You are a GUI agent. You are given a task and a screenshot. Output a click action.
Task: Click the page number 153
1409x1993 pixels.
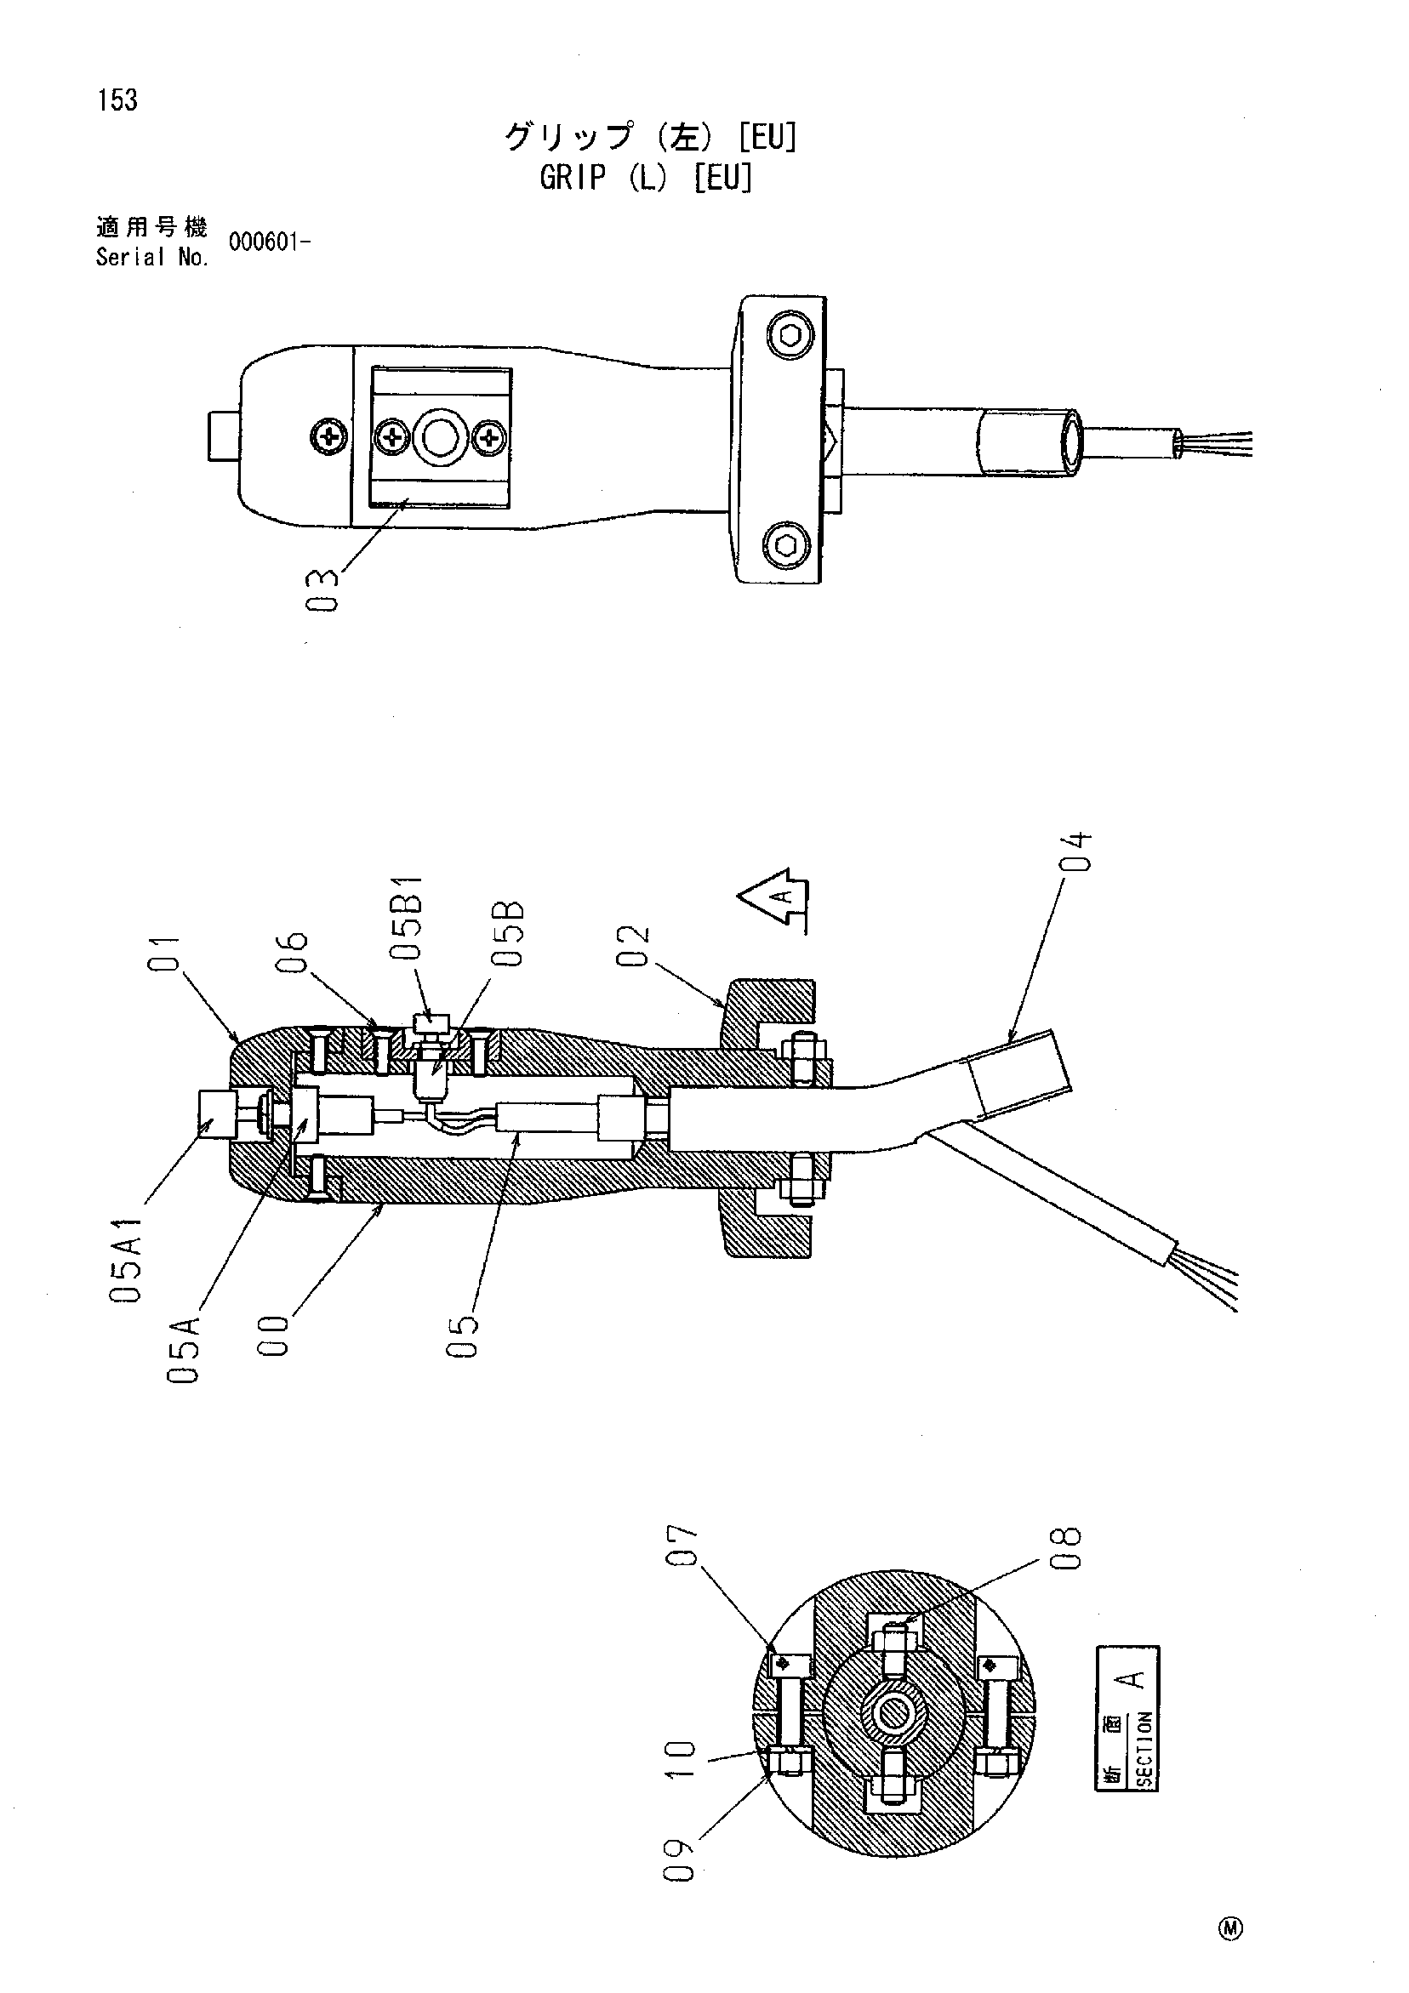tap(118, 100)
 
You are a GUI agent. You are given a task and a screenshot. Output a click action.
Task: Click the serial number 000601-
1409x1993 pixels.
tap(270, 242)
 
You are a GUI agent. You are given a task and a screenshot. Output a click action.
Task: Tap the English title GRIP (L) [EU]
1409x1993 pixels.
tap(646, 178)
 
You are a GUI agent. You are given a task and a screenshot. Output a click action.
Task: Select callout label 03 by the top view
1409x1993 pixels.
tap(323, 590)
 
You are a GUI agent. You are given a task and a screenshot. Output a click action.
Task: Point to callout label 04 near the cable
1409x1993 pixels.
tap(1076, 851)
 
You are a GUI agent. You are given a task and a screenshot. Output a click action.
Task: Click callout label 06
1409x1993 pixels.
tap(295, 952)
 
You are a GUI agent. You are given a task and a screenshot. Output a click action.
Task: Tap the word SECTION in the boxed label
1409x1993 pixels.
tap(1144, 1750)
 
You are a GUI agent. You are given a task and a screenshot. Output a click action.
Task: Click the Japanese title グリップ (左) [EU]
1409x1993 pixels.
tap(650, 137)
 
